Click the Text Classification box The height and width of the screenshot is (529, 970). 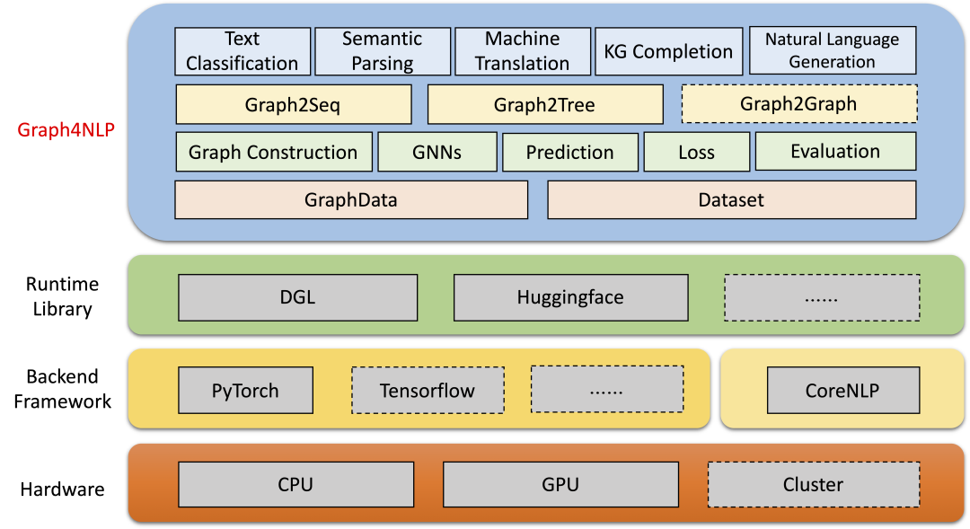(x=242, y=51)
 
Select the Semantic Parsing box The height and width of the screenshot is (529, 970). (x=382, y=51)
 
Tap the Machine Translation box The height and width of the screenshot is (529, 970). (x=523, y=51)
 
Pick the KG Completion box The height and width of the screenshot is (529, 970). (x=669, y=51)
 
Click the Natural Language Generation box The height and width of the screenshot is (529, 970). (x=832, y=51)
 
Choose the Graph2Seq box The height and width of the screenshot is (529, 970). (x=293, y=104)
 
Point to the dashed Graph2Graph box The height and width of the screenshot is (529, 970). (x=798, y=103)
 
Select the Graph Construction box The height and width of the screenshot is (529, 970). (x=273, y=152)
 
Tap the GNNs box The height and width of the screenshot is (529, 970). (x=436, y=152)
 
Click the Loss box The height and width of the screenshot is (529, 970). (x=696, y=152)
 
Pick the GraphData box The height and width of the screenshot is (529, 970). (x=350, y=199)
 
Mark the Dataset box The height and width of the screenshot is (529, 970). (x=731, y=199)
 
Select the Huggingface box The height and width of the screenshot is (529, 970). (x=570, y=297)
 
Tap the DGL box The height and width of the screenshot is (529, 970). (x=297, y=297)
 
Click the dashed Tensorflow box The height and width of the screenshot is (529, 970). (x=428, y=390)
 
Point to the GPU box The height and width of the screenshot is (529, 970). (x=560, y=484)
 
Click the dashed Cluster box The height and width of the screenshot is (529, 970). (x=813, y=484)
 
